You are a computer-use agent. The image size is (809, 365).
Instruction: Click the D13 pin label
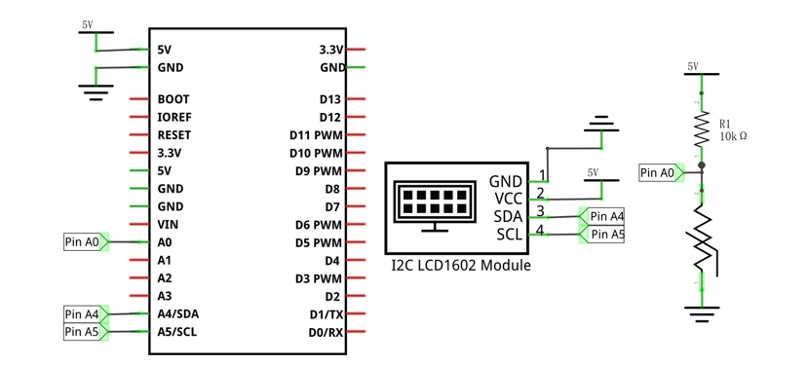[330, 99]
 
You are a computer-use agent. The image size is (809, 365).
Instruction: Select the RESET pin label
[174, 135]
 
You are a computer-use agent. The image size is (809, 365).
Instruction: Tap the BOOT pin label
[173, 99]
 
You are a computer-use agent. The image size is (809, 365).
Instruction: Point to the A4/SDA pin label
[178, 314]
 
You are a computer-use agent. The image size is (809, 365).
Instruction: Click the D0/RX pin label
[326, 332]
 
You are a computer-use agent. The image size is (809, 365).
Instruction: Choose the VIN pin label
[169, 224]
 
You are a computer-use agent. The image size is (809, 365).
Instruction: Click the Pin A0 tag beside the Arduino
[86, 241]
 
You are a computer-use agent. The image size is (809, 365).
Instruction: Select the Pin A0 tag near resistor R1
[662, 173]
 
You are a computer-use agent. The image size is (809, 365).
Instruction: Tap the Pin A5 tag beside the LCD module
[602, 235]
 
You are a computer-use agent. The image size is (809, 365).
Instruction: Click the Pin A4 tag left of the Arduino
[86, 313]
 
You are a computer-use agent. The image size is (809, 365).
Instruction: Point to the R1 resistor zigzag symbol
[701, 129]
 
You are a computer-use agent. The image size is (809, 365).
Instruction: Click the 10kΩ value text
[734, 136]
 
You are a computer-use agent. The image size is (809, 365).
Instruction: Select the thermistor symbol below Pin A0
[703, 237]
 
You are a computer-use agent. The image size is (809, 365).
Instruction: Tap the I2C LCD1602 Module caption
[461, 266]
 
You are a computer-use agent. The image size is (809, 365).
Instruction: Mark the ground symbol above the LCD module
[601, 125]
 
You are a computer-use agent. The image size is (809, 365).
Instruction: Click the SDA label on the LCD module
[508, 216]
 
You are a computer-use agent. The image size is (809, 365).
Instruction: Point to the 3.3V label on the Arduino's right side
[331, 50]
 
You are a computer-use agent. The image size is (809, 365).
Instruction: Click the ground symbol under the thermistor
[702, 314]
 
